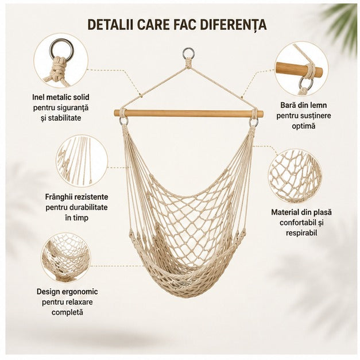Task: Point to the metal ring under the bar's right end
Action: pos(254,122)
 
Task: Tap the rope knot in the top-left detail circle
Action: pos(59,69)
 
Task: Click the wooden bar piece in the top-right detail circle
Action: pos(299,69)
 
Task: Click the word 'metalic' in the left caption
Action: pos(59,97)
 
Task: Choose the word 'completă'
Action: pos(67,312)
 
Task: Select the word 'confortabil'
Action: pos(297,222)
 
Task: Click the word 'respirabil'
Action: pos(301,233)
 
